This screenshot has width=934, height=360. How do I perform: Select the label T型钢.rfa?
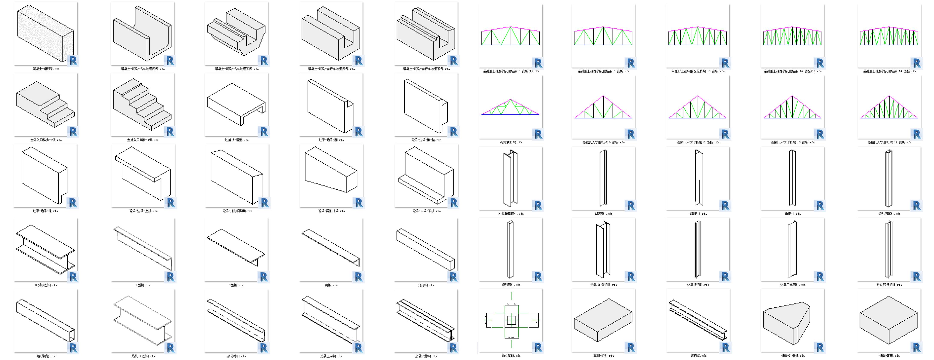236,285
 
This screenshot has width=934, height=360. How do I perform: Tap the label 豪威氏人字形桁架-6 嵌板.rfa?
603,143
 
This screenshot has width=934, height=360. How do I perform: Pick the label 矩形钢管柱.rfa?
889,214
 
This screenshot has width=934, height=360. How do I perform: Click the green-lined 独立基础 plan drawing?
511,320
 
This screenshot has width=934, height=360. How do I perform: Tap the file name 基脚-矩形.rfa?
603,356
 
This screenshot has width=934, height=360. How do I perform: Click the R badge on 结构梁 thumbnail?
725,347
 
